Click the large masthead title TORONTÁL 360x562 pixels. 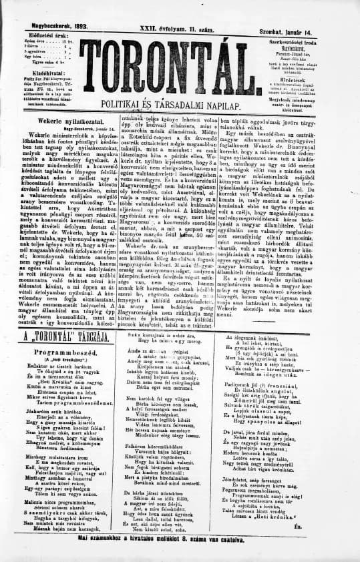[180, 65]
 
